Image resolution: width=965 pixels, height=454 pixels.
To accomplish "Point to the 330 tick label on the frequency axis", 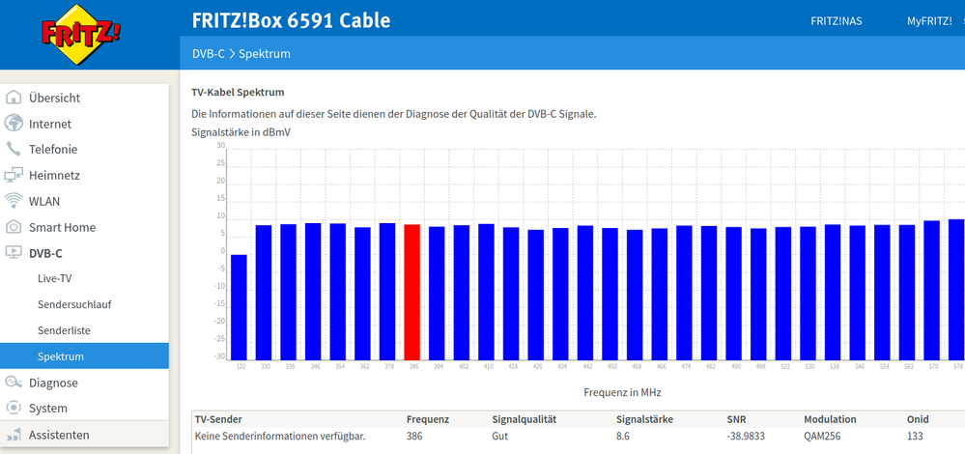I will tap(264, 367).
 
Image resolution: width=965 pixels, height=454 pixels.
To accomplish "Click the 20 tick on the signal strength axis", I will tap(220, 182).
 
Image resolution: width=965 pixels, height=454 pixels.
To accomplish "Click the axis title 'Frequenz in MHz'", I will tap(622, 393).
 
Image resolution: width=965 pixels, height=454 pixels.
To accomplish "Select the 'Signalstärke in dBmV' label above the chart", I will tap(241, 131).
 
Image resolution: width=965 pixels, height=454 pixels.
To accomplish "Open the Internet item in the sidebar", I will tap(50, 124).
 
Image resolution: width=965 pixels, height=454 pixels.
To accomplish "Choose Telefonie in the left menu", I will tap(53, 150).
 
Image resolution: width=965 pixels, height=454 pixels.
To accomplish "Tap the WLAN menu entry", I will tap(44, 201).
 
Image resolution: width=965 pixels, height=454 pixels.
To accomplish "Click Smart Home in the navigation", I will tap(62, 227).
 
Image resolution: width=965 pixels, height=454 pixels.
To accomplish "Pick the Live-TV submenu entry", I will tap(55, 278).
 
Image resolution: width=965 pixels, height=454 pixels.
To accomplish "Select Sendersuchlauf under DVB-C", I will tap(74, 304).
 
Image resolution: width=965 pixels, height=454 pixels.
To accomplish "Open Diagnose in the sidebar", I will tap(53, 383).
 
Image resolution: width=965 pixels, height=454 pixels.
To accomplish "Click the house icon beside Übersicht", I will tap(14, 98).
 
